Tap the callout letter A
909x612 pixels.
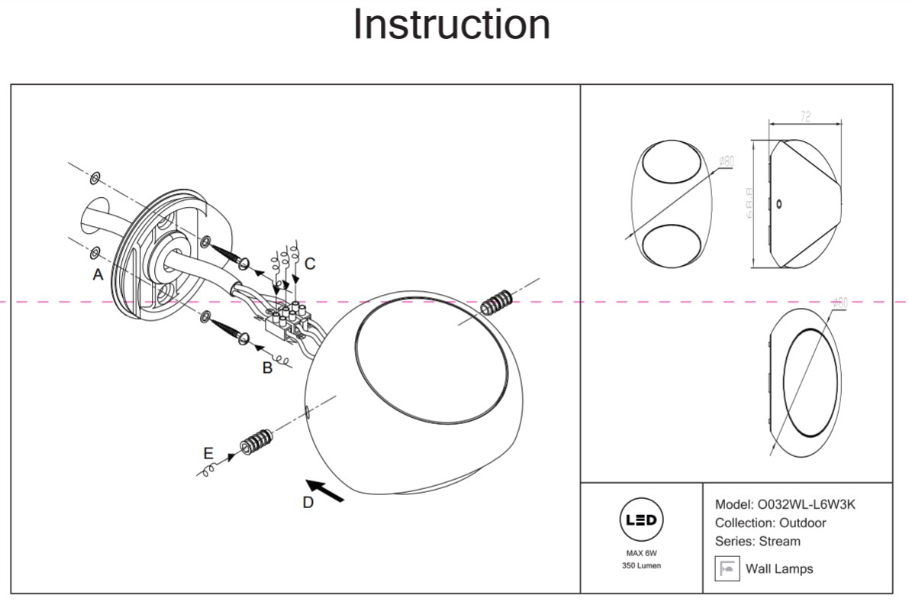98,274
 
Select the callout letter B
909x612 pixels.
267,368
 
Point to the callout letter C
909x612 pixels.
309,264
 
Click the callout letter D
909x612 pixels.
308,502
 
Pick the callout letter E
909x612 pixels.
208,453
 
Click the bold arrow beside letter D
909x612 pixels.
325,491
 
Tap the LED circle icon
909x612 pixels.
641,520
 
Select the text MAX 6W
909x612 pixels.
641,552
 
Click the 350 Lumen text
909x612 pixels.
641,565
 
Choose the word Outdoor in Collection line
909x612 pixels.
802,523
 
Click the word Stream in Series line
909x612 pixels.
780,541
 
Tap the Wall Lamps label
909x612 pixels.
779,568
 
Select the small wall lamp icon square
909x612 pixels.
727,568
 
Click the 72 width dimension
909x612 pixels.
805,117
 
